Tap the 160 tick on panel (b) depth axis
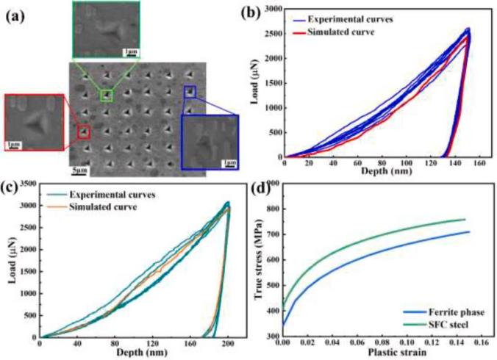click(480, 162)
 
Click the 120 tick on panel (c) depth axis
click(152, 343)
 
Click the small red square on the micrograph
click(84, 132)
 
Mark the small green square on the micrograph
click(107, 95)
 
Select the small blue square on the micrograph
click(190, 92)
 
